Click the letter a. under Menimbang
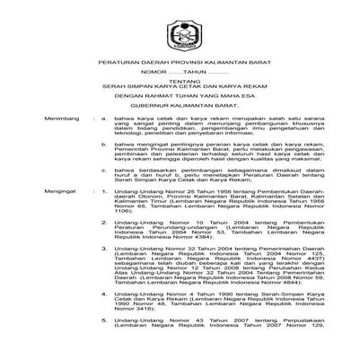tap(105, 166)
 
